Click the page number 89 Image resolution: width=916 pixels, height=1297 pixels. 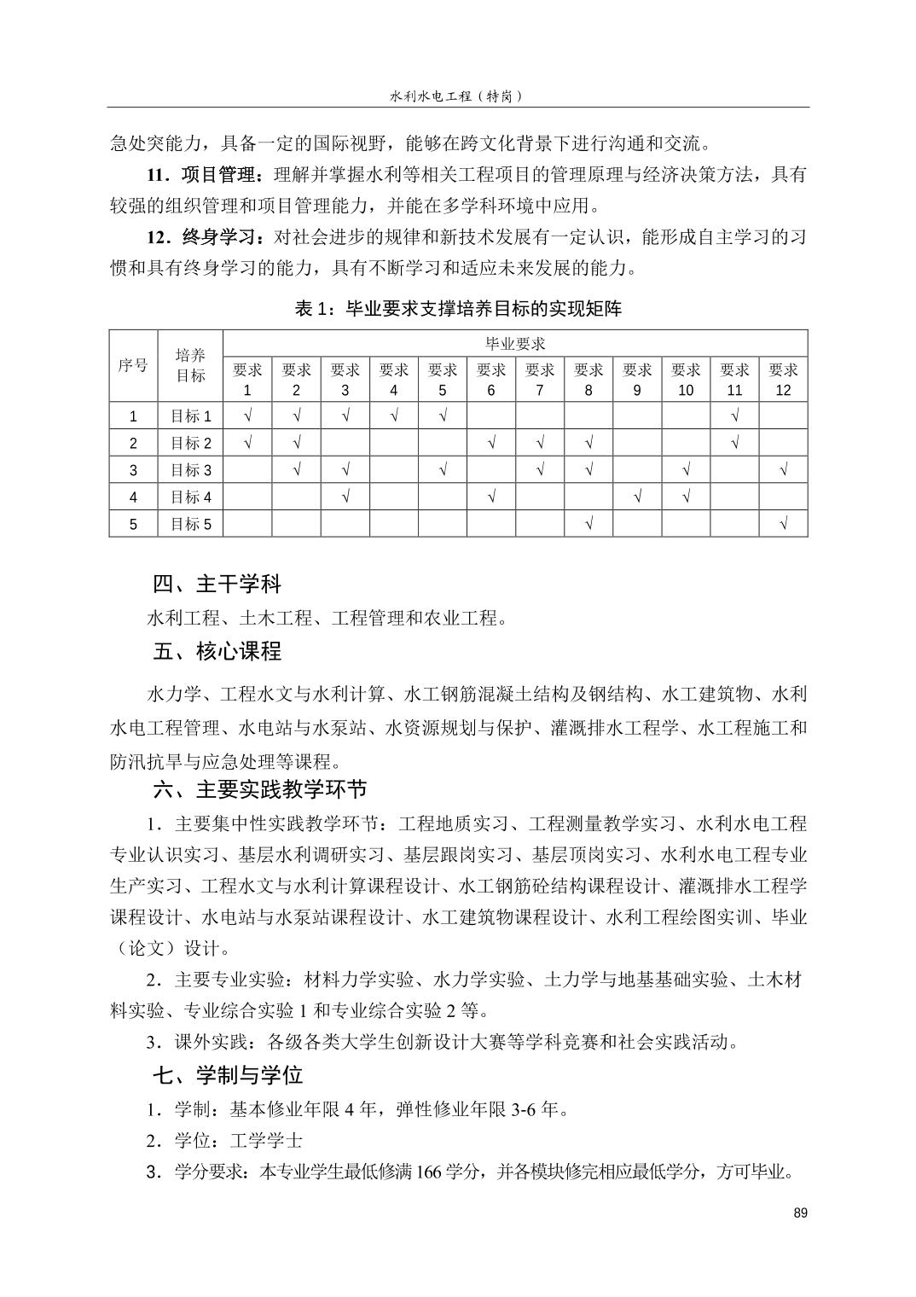(799, 1213)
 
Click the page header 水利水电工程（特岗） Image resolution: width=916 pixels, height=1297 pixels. (456, 96)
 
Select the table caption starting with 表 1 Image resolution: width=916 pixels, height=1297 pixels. (458, 309)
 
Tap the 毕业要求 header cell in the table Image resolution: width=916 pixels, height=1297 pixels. (515, 344)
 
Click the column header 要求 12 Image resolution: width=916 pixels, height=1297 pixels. (783, 380)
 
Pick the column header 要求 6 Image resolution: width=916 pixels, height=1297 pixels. (491, 380)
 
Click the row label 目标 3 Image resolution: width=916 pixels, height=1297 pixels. (190, 470)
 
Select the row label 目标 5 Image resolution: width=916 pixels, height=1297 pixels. (190, 524)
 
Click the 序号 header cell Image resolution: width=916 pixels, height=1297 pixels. (133, 365)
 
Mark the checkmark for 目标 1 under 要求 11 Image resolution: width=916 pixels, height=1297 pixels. (734, 416)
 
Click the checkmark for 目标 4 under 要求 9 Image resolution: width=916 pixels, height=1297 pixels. (637, 497)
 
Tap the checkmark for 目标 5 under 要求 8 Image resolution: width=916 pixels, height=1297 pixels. (588, 524)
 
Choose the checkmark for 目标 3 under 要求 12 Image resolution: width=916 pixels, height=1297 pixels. (783, 470)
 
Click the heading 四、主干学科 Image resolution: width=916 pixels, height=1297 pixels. (217, 585)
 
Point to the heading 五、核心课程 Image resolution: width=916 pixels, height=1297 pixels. (217, 652)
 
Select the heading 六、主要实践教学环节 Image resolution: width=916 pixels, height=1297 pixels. (259, 789)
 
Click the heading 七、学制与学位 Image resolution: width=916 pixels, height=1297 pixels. (228, 1075)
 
